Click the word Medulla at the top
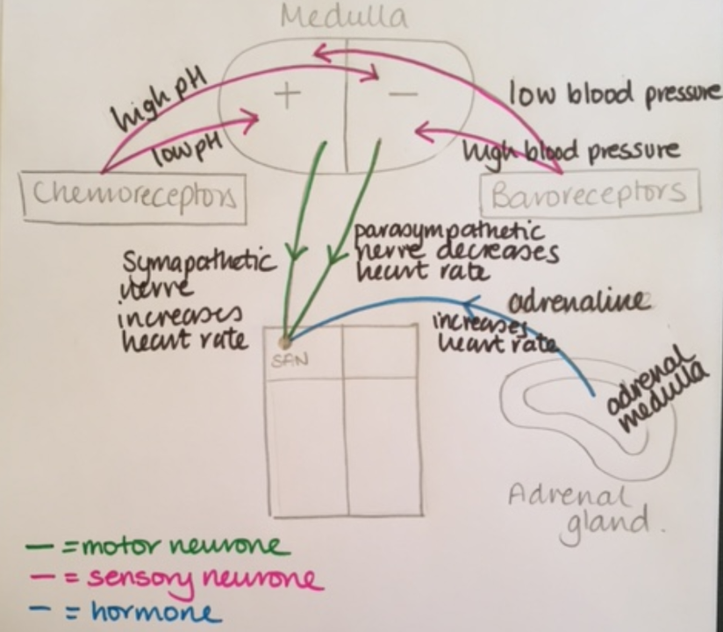coord(344,17)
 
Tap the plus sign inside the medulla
coord(286,94)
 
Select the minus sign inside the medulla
coord(401,96)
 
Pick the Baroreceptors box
coord(590,193)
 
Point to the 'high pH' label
coord(158,102)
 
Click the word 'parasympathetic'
coord(447,233)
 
